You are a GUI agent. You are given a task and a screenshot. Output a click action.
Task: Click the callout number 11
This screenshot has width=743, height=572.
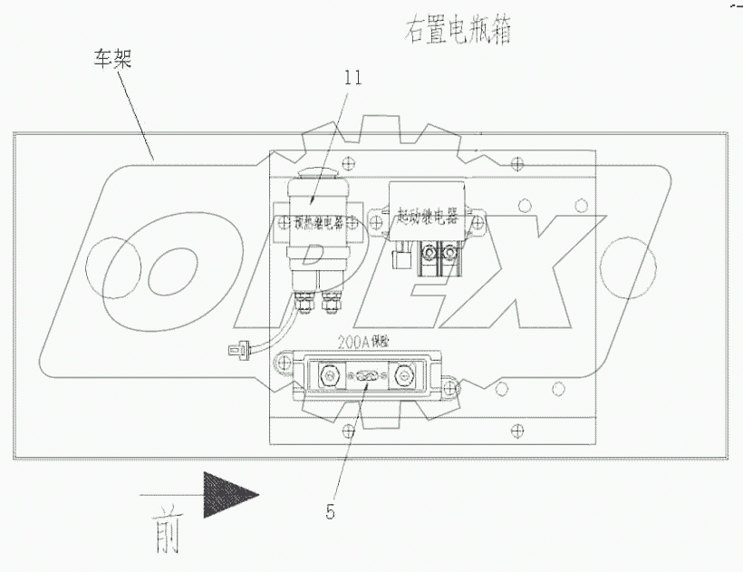(x=352, y=77)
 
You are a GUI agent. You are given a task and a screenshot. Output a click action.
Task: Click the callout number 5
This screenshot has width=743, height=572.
(x=331, y=511)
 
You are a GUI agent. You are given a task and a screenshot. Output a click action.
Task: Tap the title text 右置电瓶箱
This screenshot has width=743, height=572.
(x=458, y=32)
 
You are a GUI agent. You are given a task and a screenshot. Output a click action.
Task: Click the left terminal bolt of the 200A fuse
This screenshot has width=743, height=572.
(x=327, y=373)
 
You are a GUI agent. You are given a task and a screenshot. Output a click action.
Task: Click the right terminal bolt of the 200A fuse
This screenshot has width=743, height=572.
(x=400, y=373)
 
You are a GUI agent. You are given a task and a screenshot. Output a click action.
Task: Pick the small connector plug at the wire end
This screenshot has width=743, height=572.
(x=237, y=348)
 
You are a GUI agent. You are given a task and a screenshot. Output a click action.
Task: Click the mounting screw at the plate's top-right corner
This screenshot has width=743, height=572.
(x=516, y=164)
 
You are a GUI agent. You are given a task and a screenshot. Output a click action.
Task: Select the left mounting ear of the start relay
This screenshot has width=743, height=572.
(x=383, y=215)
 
